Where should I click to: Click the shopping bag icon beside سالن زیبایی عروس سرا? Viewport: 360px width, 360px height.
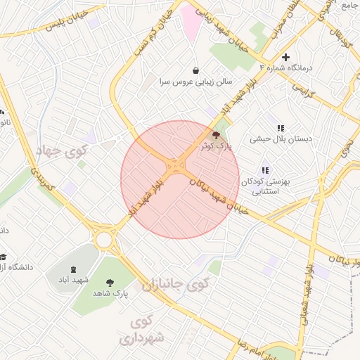point(195,70)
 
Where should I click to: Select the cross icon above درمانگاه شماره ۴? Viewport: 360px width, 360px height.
point(285,57)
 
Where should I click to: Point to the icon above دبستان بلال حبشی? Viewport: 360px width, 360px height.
point(281,128)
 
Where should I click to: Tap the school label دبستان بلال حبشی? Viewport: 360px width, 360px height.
point(280,139)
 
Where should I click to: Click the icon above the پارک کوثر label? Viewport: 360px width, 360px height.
point(215,134)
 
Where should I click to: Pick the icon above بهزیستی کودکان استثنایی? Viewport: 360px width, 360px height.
point(265,170)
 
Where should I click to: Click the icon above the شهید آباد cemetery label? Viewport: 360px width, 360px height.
point(74,269)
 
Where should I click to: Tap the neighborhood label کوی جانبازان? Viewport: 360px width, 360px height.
point(176,285)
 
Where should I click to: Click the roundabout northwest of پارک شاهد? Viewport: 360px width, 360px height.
point(105,239)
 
